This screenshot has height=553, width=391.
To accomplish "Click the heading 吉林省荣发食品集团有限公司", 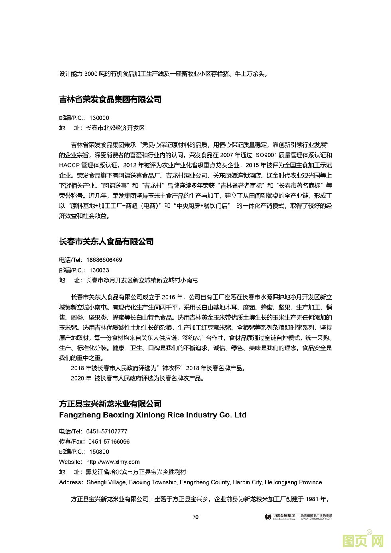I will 110,99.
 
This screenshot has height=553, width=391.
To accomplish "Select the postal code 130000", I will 99,118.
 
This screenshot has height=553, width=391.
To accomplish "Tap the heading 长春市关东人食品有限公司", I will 106,241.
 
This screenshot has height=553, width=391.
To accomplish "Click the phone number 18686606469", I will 104,260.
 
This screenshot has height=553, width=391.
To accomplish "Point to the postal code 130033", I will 99,270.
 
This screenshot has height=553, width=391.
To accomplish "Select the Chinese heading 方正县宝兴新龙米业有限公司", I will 110,404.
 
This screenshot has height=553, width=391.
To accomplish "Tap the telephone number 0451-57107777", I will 107,431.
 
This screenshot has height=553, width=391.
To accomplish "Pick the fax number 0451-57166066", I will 109,442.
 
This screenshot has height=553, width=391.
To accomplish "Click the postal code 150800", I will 99,452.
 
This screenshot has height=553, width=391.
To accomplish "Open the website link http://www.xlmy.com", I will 113,462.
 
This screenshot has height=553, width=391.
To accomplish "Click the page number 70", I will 195,517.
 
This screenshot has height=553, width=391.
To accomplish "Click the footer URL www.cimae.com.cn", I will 316,519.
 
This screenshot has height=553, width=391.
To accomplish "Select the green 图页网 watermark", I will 363,540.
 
